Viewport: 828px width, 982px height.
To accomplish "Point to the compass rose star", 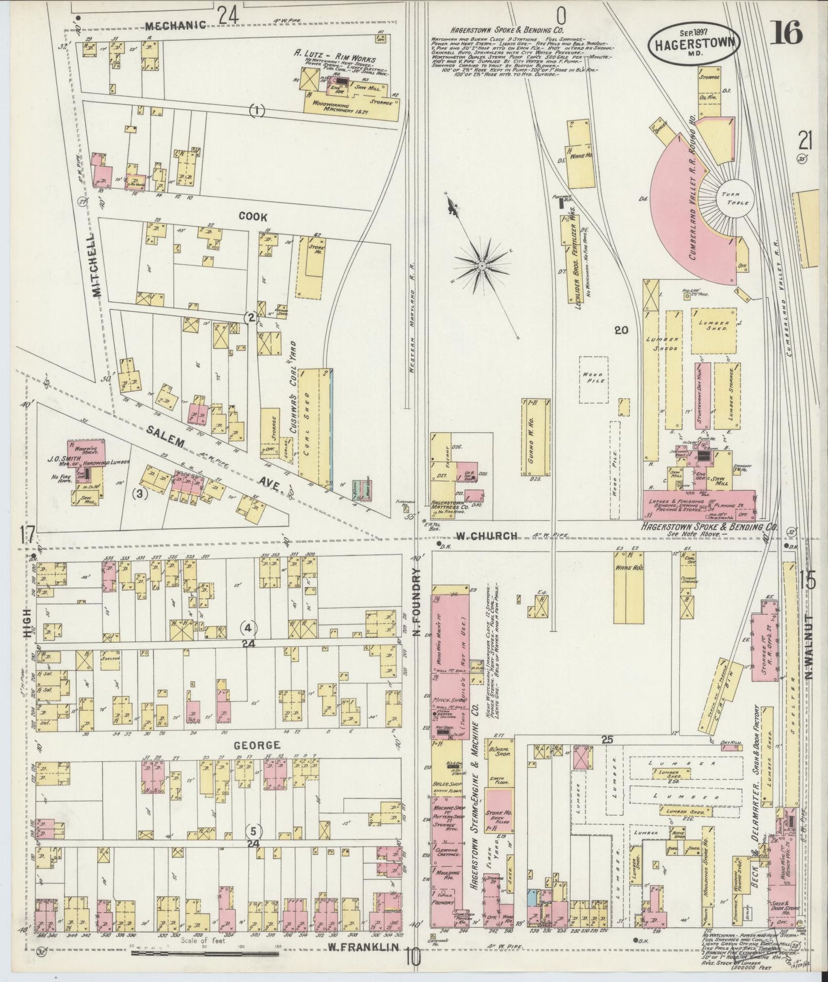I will click(x=483, y=265).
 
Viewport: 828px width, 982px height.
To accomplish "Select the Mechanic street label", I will click(x=167, y=25).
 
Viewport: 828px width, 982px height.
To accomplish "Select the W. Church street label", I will click(x=486, y=536).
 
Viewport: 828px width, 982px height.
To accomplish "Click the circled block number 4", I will click(x=248, y=629).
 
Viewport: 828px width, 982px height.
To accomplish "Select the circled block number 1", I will click(x=257, y=111).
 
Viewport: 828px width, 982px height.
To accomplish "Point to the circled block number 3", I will click(x=141, y=493).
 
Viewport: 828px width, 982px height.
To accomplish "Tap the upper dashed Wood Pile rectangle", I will click(x=593, y=379).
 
